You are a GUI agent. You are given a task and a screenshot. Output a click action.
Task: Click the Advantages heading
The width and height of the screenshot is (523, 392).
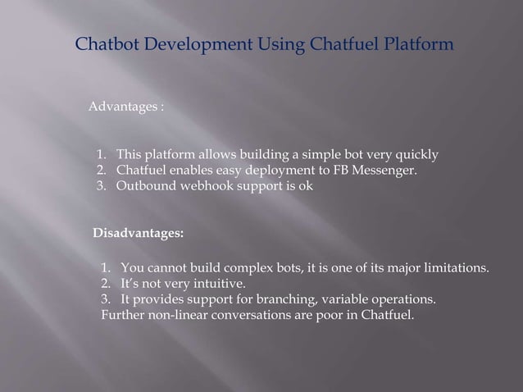[124, 107]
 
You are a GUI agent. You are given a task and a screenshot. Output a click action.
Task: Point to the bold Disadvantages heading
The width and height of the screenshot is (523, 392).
[138, 235]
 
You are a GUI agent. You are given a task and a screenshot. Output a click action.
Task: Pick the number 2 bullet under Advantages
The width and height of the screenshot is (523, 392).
[101, 170]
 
